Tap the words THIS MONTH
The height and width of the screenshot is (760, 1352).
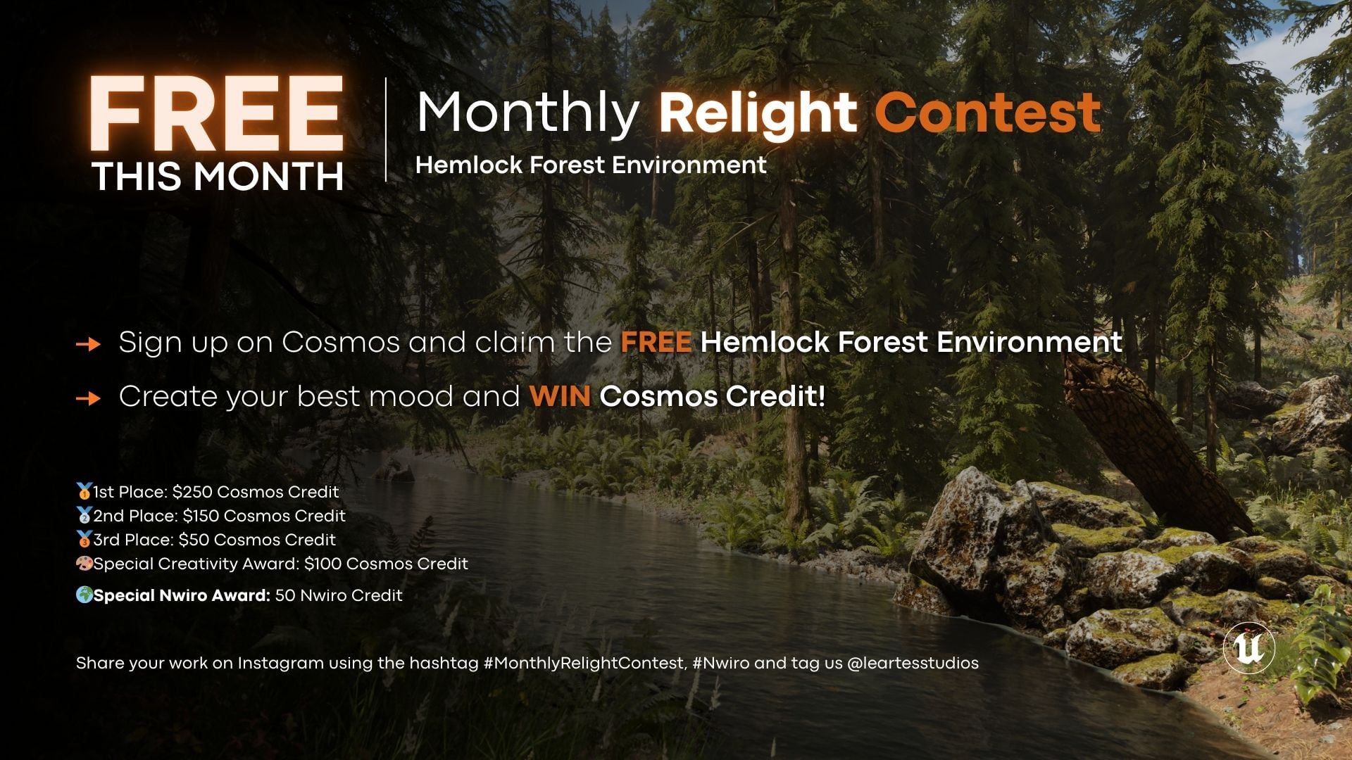tap(218, 177)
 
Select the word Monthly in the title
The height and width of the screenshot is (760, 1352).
tap(527, 113)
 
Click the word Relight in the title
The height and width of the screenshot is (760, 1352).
tap(758, 113)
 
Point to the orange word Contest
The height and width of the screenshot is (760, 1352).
tap(987, 113)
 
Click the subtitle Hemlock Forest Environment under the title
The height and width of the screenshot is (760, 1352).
tap(590, 165)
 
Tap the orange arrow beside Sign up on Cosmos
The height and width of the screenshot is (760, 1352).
tap(88, 344)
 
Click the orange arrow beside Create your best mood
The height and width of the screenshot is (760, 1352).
tap(88, 398)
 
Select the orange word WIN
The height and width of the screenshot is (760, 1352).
tap(559, 397)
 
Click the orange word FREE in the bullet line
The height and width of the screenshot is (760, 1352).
tap(656, 343)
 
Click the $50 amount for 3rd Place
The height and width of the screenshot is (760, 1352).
tap(194, 540)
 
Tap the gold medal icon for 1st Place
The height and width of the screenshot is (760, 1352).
tap(84, 491)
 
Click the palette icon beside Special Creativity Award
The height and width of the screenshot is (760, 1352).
tap(84, 564)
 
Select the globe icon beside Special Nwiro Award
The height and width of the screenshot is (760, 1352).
tap(84, 595)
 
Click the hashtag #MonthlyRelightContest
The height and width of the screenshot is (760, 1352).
tap(584, 663)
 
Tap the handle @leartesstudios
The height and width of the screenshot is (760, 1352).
tap(913, 663)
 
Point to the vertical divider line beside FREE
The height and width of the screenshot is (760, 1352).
tap(386, 130)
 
